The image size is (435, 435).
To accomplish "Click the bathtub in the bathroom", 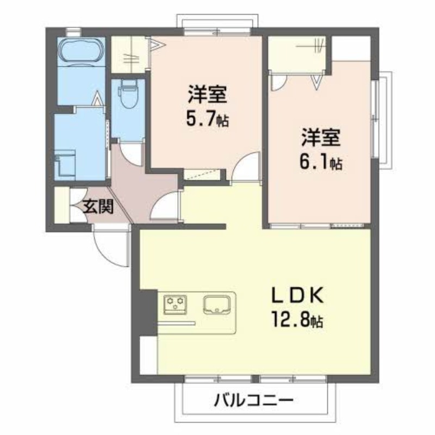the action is pyautogui.click(x=81, y=52).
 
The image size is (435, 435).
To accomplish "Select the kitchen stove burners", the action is pyautogui.click(x=175, y=304).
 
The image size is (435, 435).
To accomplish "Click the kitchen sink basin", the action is pyautogui.click(x=217, y=304).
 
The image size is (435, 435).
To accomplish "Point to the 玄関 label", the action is pyautogui.click(x=99, y=207).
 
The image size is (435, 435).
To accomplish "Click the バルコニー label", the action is pyautogui.click(x=253, y=401).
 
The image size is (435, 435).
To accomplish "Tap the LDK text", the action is pyautogui.click(x=297, y=296).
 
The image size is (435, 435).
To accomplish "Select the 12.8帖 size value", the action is pyautogui.click(x=297, y=320).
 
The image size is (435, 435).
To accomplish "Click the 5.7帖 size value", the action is pyautogui.click(x=208, y=119).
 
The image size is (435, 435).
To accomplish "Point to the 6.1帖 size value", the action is pyautogui.click(x=321, y=162).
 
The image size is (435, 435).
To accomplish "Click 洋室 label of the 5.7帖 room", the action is pyautogui.click(x=208, y=94).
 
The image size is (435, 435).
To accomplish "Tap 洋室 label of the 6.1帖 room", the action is pyautogui.click(x=321, y=137).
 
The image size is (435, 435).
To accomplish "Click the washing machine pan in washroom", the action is pyautogui.click(x=65, y=165).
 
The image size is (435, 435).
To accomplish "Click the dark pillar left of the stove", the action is pyautogui.click(x=148, y=312).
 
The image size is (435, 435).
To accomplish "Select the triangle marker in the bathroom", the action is pyautogui.click(x=97, y=98).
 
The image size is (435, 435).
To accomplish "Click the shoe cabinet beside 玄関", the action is pyautogui.click(x=62, y=205).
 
